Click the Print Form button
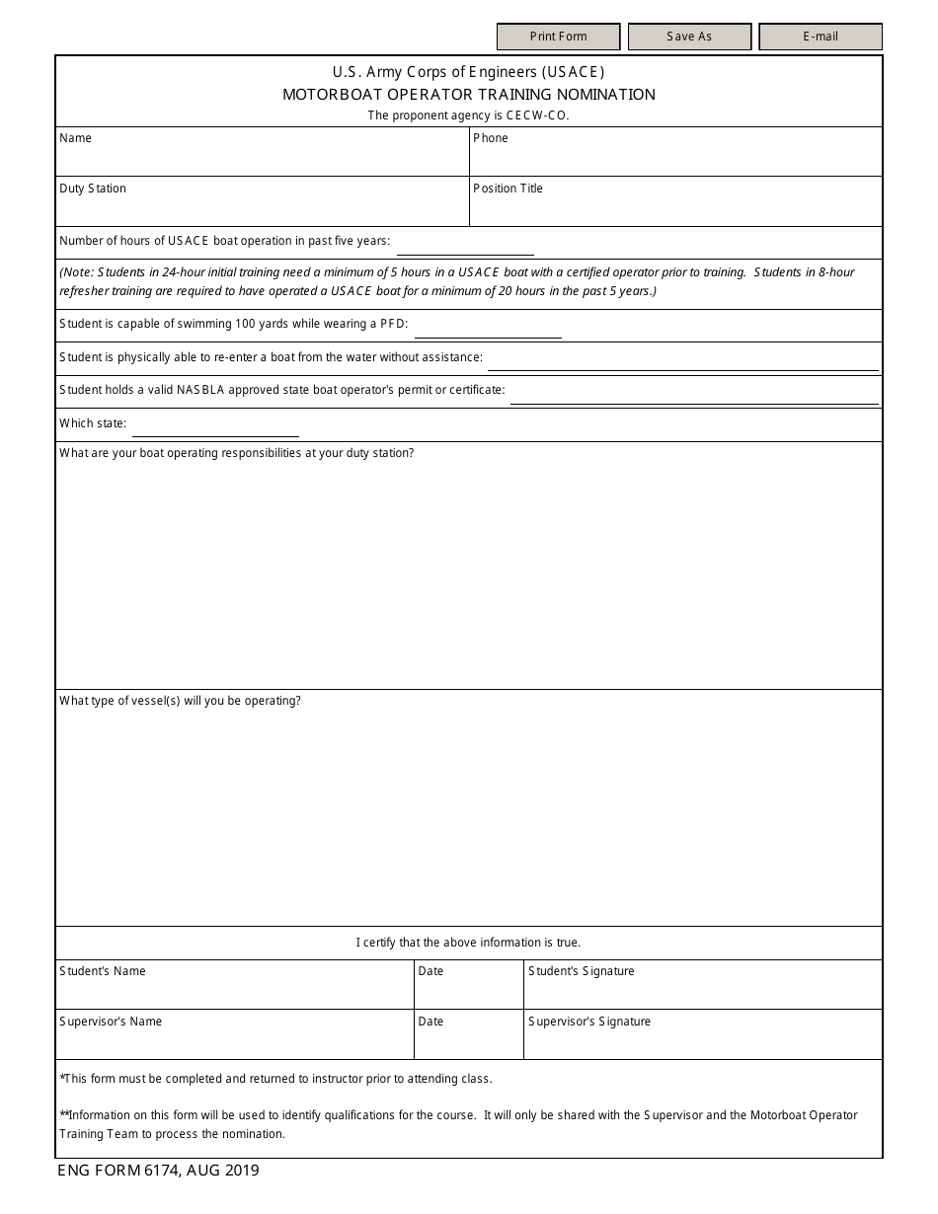(558, 37)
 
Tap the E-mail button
(820, 37)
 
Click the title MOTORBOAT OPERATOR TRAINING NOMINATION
(469, 95)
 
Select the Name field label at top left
(75, 138)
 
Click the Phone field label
(490, 138)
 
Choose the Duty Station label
(93, 189)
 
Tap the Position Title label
(508, 189)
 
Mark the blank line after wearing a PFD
(487, 330)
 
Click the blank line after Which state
(215, 428)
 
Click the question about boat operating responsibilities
(237, 453)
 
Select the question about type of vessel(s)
(180, 701)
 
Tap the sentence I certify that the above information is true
(468, 943)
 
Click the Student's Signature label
(581, 971)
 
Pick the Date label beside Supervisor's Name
(430, 1022)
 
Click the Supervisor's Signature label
(588, 1022)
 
